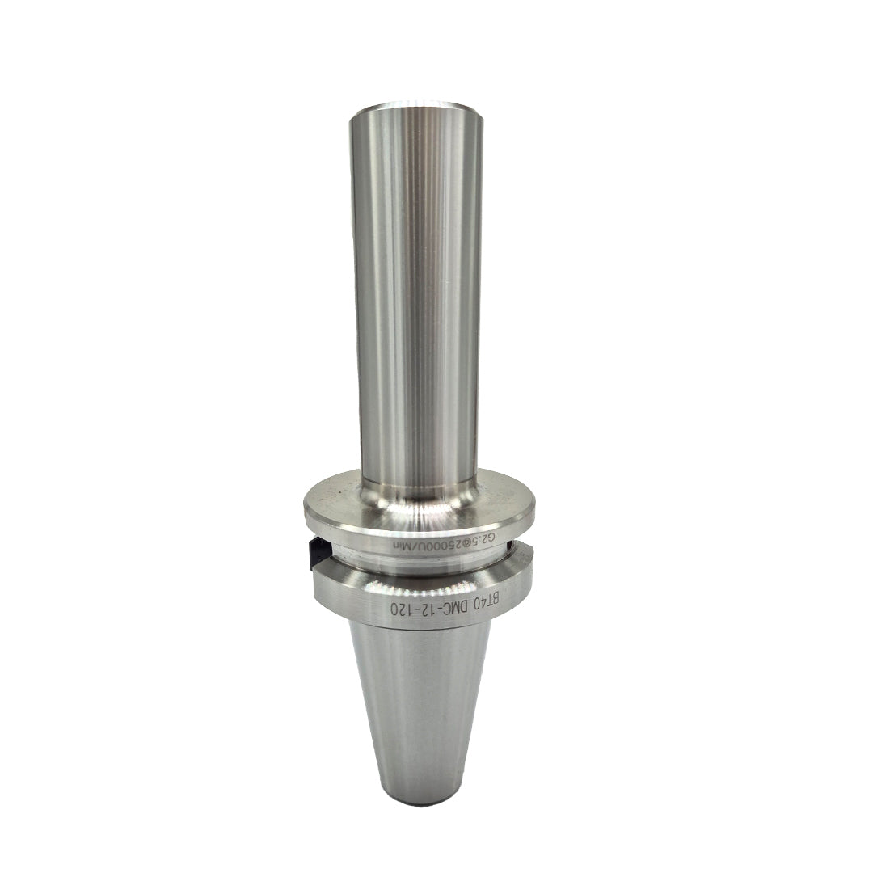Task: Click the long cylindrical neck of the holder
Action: [x=415, y=307]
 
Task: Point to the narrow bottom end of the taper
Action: [x=416, y=796]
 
